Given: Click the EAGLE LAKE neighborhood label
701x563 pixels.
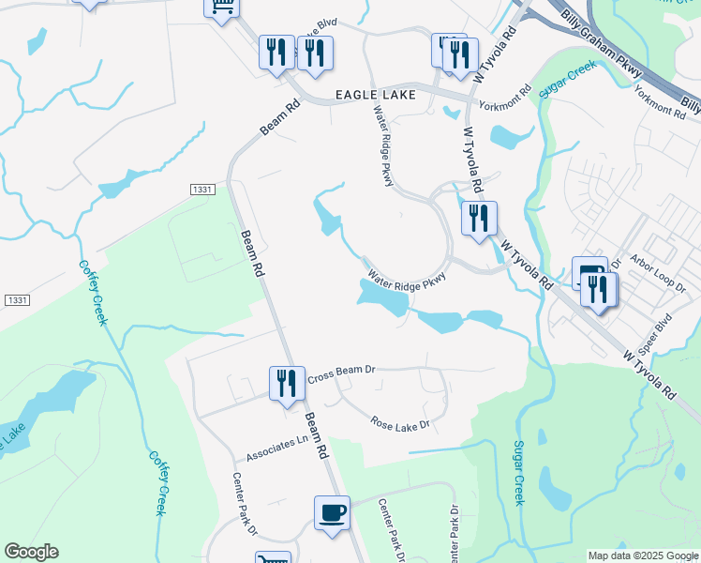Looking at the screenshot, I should tap(374, 95).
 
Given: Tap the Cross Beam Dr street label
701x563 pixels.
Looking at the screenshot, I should tap(341, 371).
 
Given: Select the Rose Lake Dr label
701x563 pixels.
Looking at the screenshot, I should tap(399, 424).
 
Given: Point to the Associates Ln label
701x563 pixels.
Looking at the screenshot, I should tap(277, 447).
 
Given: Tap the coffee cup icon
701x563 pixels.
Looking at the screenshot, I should tap(332, 514).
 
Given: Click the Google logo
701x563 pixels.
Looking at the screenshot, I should tap(31, 552).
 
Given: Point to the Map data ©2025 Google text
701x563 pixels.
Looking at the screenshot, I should tap(642, 555).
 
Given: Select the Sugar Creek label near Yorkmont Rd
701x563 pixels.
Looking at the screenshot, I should tap(567, 82).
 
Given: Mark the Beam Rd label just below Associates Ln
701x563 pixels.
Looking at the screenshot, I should tap(317, 437).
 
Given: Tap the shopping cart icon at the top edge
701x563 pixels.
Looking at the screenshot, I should tap(222, 8).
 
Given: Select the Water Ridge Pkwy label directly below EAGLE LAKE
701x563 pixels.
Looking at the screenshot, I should tap(382, 146).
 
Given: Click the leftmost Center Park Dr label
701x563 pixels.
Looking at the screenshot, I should tap(245, 502).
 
